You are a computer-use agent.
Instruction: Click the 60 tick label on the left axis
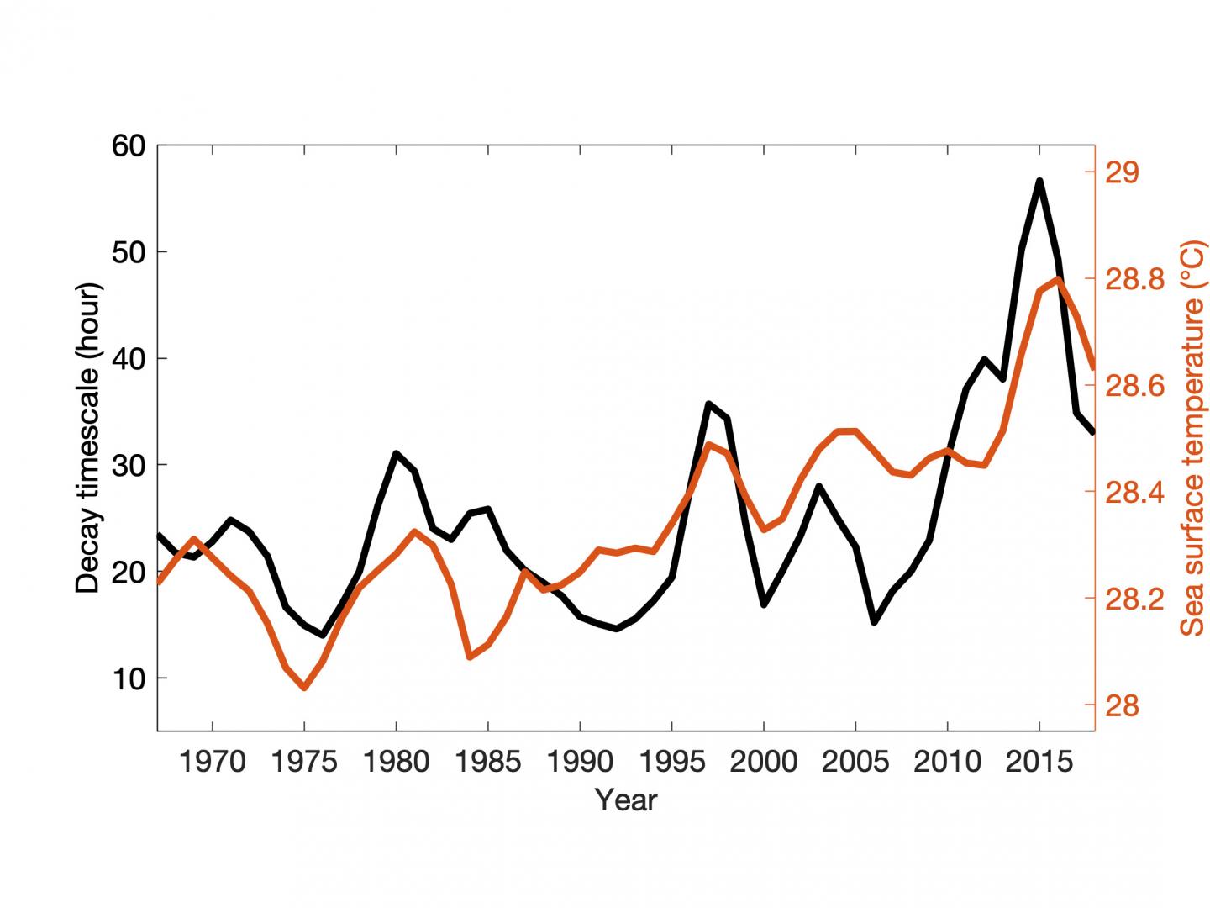pos(128,145)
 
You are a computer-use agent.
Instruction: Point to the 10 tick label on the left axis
pos(128,678)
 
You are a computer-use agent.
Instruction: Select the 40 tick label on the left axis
pos(128,359)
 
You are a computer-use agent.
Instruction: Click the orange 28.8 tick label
pos(1135,279)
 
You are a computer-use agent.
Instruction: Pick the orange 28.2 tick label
pos(1135,599)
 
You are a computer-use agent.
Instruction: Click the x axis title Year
pos(626,800)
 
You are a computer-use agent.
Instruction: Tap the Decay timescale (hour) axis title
pos(88,438)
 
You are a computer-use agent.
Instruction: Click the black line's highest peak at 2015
pos(1039,181)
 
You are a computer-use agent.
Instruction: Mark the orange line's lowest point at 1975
pos(304,688)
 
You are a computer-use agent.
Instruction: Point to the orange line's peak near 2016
pos(1058,279)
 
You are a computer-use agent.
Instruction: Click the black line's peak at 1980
pos(396,454)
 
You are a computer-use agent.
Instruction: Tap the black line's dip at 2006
pos(874,622)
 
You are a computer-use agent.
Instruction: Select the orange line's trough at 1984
pos(470,657)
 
